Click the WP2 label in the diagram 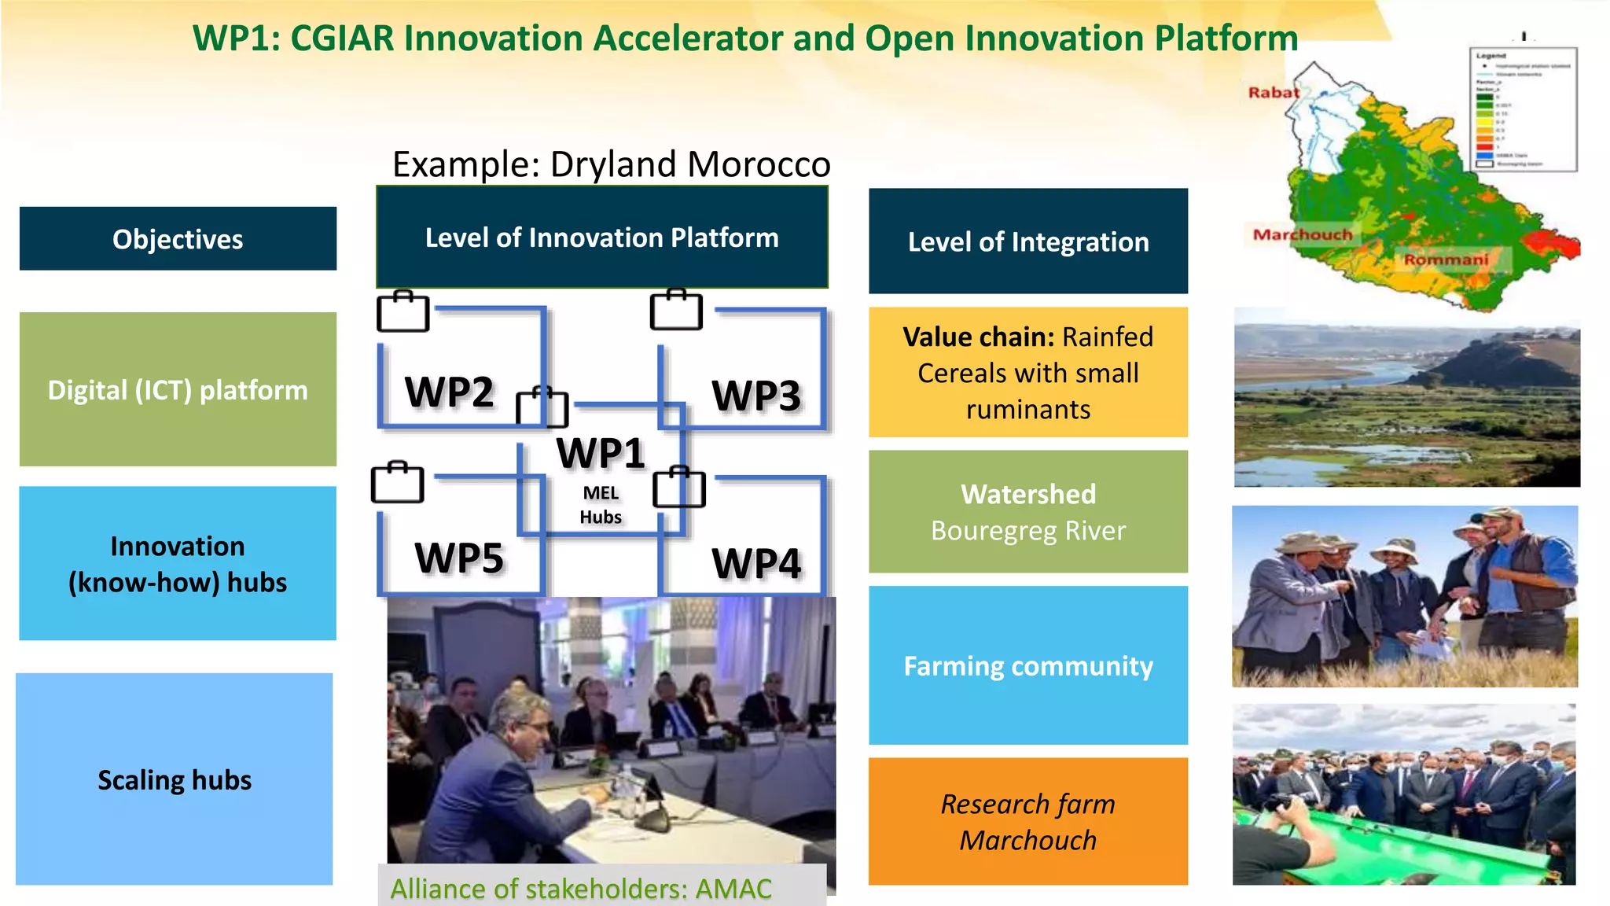pos(449,392)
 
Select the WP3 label pos(756,395)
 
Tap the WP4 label pos(756,563)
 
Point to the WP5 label pos(459,558)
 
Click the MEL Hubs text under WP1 pos(601,505)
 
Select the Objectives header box pos(178,239)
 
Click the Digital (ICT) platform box pos(178,389)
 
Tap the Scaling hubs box pos(175,779)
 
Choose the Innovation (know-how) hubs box pos(178,564)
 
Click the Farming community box pos(1028,666)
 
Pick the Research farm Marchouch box pos(1028,822)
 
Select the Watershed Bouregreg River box pos(1028,512)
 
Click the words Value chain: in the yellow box pos(978,337)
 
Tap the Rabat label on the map pos(1274,93)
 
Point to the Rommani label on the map pos(1446,260)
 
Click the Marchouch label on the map pos(1303,234)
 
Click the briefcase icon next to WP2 pos(403,312)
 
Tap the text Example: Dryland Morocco pos(611,164)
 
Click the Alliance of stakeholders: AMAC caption pos(581,888)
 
